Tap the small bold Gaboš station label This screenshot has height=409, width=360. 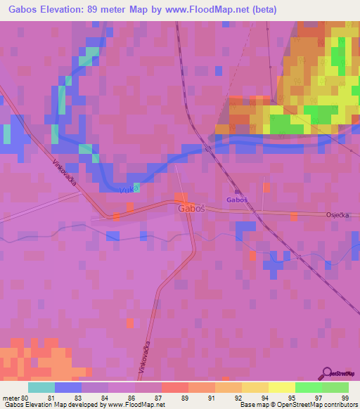click(x=237, y=200)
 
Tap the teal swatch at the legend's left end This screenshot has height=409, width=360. click(x=41, y=387)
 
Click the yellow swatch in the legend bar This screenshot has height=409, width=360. click(x=281, y=387)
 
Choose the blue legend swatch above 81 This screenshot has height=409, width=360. click(x=68, y=387)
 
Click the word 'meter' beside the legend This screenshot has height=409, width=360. click(x=11, y=398)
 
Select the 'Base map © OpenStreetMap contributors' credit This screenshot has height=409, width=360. click(x=297, y=405)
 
